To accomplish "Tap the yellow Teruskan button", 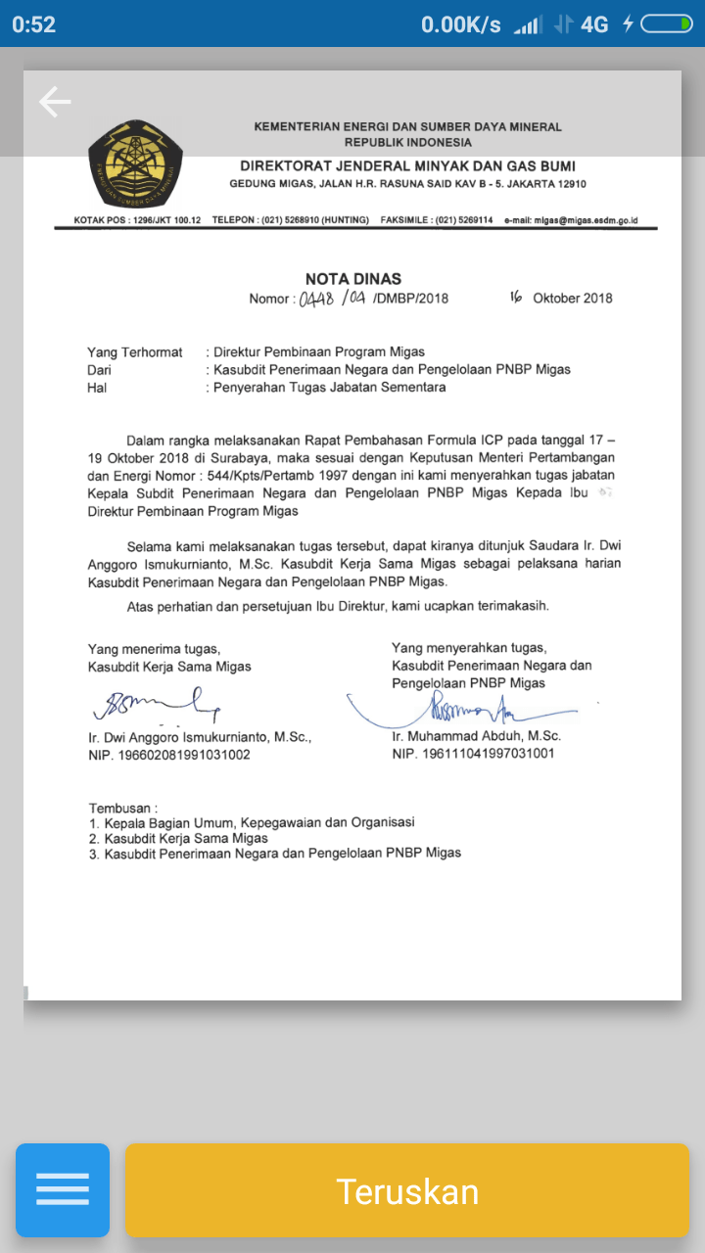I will [406, 1190].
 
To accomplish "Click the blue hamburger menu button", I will [63, 1190].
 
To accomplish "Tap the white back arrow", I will [55, 102].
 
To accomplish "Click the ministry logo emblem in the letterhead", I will [135, 164].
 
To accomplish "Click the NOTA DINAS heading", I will [352, 279].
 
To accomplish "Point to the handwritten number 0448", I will [315, 298].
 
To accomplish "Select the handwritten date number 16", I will [515, 297].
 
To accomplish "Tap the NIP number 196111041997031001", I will [474, 754].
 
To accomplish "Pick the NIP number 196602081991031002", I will [168, 755].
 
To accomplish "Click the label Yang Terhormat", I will [134, 352].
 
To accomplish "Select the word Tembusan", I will [121, 809].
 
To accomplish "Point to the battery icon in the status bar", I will [666, 24].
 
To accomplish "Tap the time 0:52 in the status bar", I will [34, 24].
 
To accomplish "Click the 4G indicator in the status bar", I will [594, 24].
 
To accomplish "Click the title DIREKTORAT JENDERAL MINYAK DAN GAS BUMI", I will [407, 166].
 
